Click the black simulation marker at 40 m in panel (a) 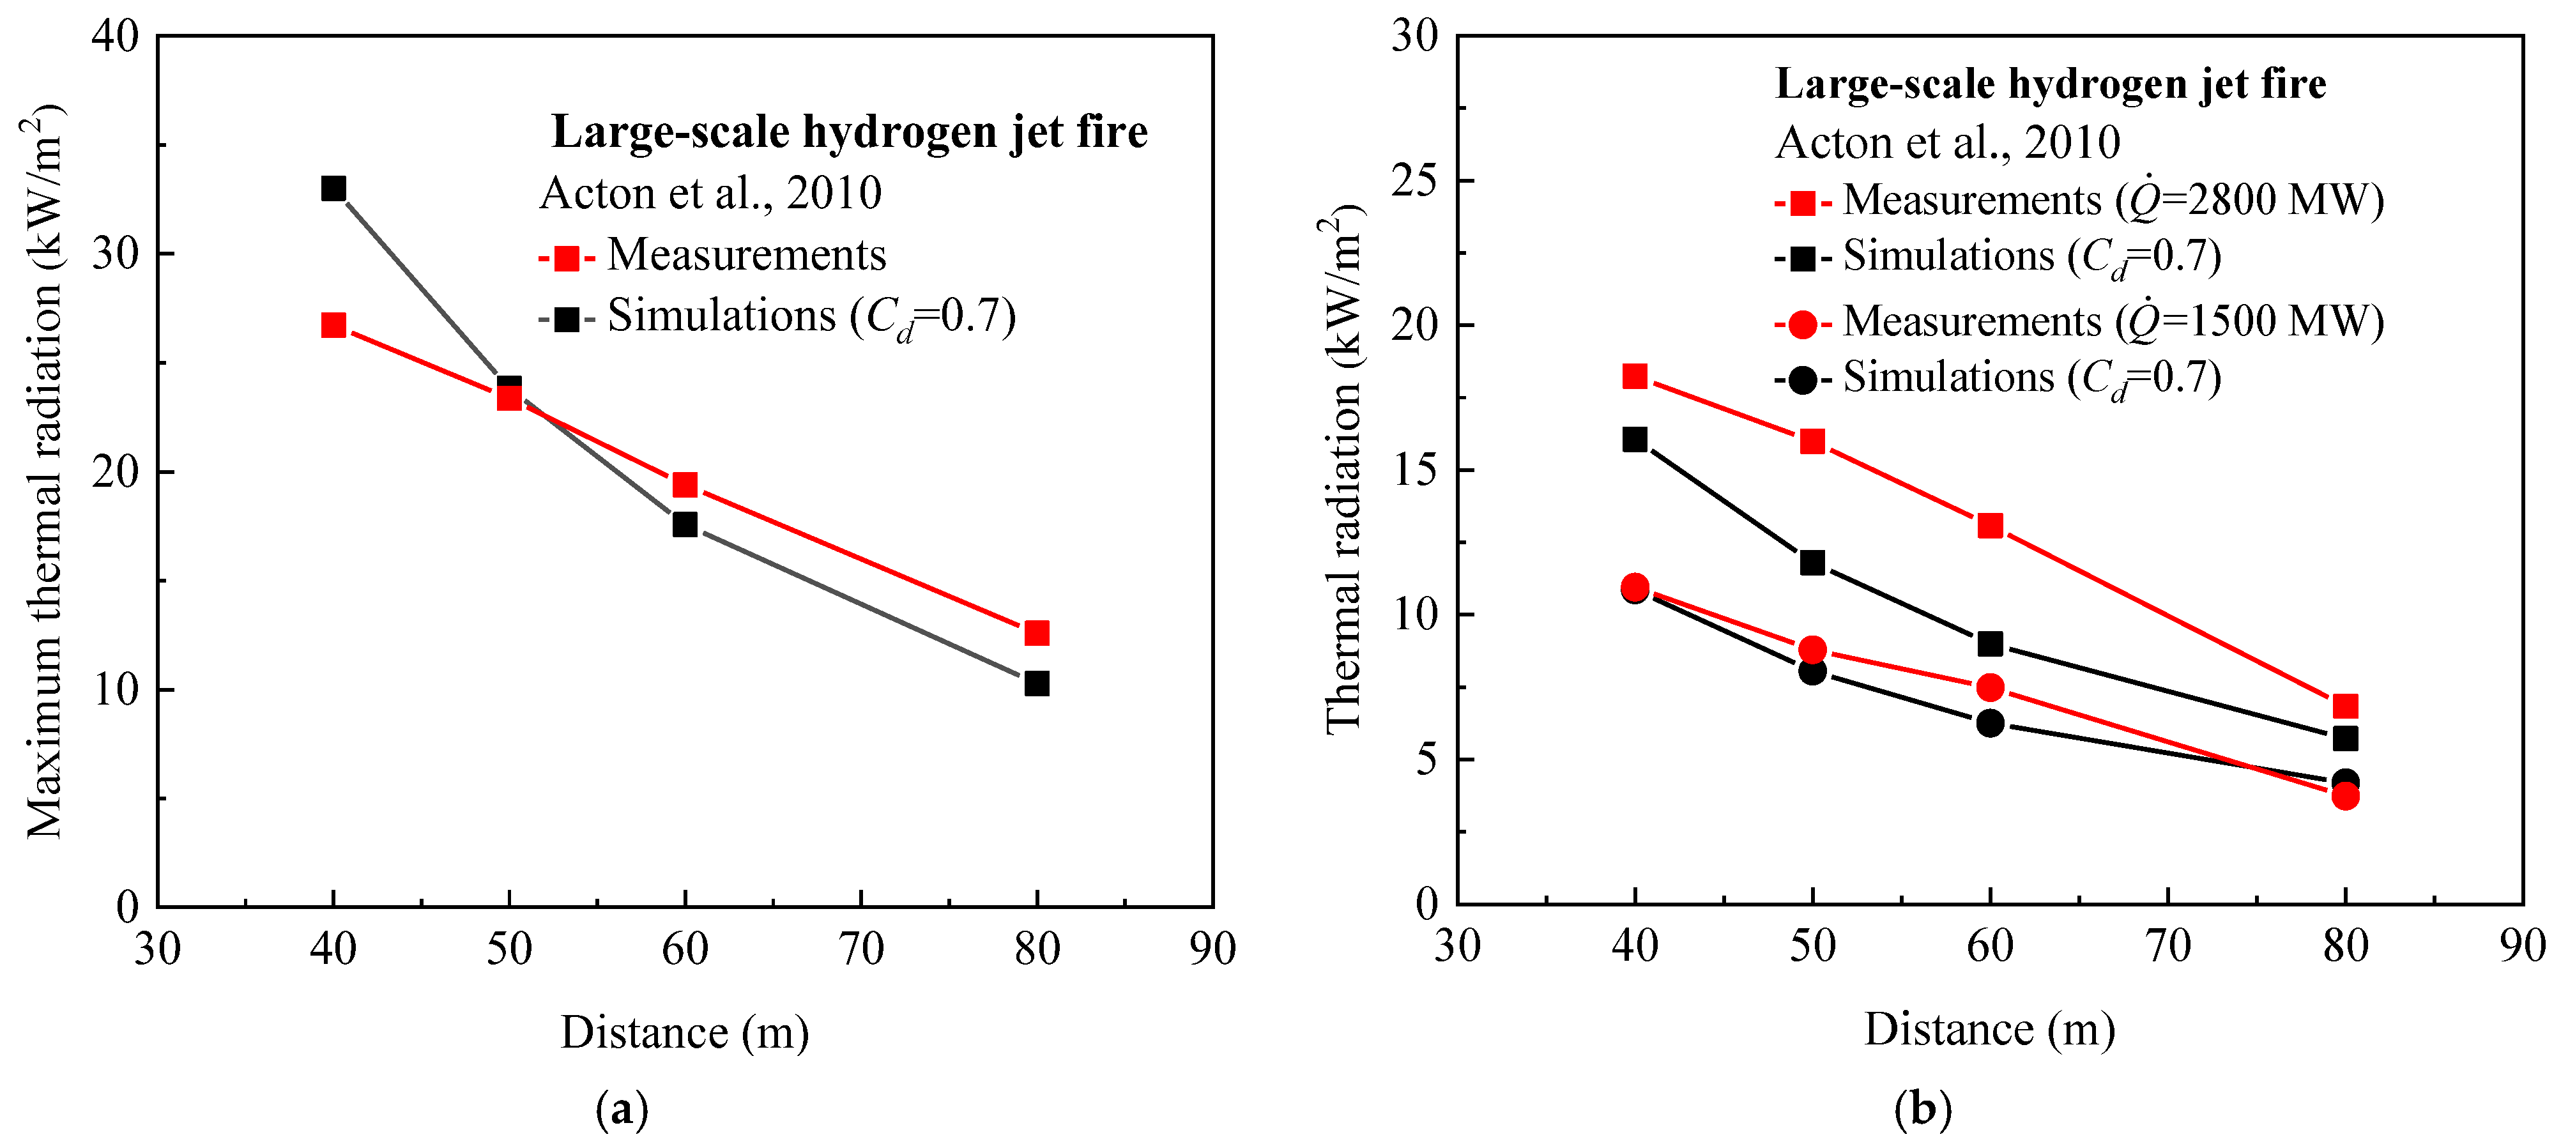(333, 188)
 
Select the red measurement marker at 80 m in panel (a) (1036, 633)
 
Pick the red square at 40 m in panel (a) (333, 325)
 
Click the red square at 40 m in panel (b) (1635, 376)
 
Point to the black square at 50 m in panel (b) (1812, 563)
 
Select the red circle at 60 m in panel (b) (1989, 687)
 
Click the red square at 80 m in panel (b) (2345, 706)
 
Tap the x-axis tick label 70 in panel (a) (860, 949)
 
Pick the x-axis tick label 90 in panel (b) (2522, 945)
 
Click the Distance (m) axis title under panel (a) (684, 1033)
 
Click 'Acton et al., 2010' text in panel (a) (710, 193)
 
